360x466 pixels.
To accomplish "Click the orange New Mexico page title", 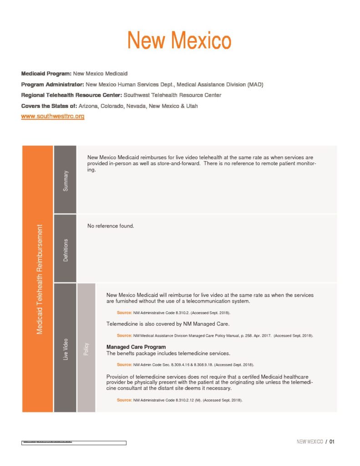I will tap(179, 41).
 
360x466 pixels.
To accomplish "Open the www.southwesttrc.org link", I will tap(53, 116).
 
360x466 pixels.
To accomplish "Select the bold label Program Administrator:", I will tap(52, 84).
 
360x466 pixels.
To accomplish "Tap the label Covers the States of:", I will tap(49, 106).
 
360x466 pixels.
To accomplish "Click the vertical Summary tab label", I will tap(66, 180).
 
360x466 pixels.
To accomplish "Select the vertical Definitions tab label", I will tap(66, 250).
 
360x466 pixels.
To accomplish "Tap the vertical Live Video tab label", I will tap(66, 349).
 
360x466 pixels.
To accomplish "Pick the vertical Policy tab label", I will tap(86, 349).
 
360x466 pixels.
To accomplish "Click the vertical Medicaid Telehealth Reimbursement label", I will tap(40, 279).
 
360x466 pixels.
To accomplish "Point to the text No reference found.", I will tap(111, 226).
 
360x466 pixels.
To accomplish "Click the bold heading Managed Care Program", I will tap(136, 347).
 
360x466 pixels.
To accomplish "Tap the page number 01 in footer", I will tap(332, 441).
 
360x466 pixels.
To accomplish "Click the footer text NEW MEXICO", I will tap(309, 441).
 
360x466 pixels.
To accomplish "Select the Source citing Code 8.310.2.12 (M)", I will tap(179, 400).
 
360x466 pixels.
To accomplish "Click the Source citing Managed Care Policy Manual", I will tap(215, 335).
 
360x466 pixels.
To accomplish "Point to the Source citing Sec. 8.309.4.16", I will tap(185, 365).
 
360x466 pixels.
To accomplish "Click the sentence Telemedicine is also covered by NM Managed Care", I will tap(168, 324).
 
